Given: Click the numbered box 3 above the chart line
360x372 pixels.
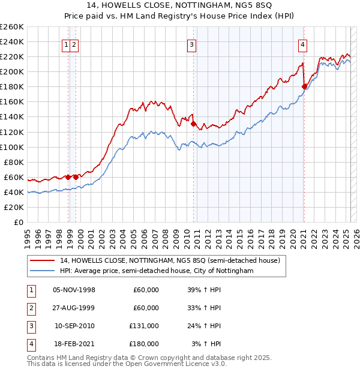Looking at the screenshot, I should (x=191, y=44).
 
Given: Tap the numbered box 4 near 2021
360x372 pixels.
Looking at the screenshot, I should (x=303, y=44).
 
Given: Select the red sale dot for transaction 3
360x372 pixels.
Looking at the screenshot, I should (x=194, y=124).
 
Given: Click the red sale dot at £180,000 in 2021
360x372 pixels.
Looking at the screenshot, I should (x=304, y=86).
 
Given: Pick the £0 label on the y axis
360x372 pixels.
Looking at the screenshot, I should (x=18, y=222).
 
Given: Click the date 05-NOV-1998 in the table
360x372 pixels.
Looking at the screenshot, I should (x=74, y=290).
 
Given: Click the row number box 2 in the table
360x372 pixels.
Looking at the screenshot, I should (x=30, y=308).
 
